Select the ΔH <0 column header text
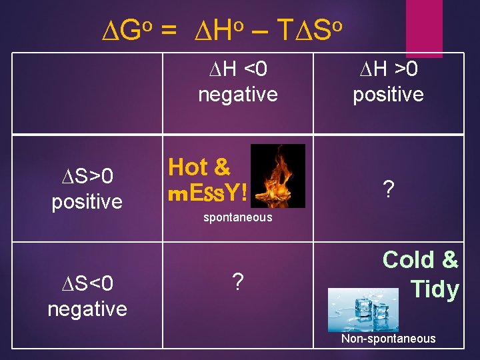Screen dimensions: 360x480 click(x=237, y=68)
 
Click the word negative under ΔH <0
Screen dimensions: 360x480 click(x=237, y=94)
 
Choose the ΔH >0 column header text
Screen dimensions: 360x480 click(x=388, y=68)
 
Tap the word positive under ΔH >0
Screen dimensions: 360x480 click(x=388, y=94)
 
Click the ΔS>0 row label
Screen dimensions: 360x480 click(x=87, y=176)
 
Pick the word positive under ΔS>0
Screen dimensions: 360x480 click(x=87, y=201)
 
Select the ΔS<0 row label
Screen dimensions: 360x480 click(x=87, y=284)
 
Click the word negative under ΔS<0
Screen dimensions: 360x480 click(x=87, y=309)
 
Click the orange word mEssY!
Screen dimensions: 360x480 click(x=207, y=193)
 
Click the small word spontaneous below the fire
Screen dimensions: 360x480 click(x=237, y=217)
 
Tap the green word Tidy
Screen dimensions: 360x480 click(x=434, y=289)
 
